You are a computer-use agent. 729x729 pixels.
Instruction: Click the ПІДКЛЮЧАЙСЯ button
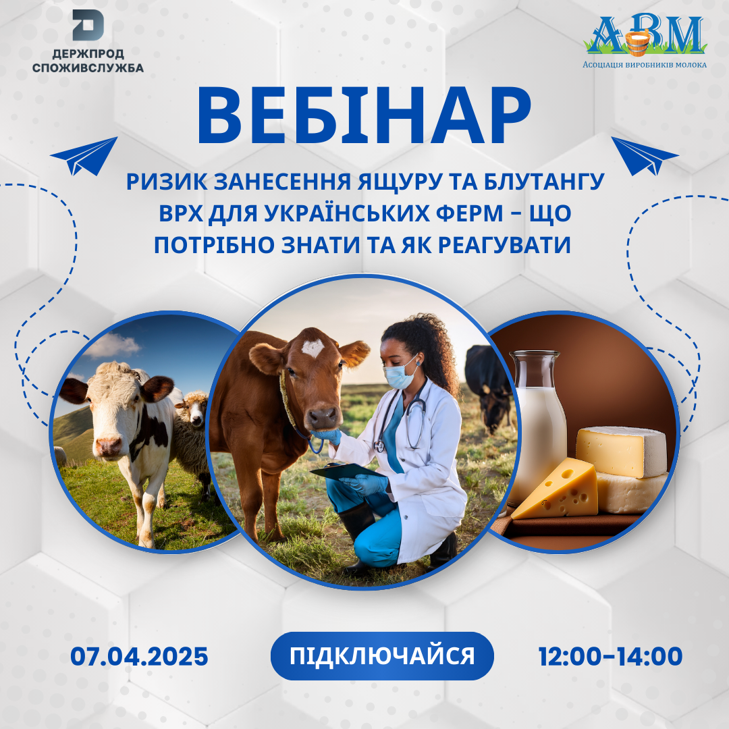tap(382, 655)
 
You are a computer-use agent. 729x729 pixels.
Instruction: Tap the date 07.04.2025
tap(139, 656)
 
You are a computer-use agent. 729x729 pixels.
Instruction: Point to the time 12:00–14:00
tap(610, 656)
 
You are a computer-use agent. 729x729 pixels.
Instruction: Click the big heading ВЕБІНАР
tap(364, 116)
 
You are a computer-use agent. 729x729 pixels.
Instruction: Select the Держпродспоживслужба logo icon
tap(88, 25)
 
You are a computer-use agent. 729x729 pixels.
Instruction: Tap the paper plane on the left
tap(84, 156)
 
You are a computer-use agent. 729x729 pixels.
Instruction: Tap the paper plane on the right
tap(644, 156)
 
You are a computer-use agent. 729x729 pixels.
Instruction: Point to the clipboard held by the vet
tap(347, 470)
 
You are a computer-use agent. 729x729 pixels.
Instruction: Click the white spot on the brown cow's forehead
tap(313, 348)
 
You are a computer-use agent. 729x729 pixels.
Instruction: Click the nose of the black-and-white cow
tap(109, 446)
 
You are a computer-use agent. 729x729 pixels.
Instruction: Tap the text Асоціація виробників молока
tap(645, 65)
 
